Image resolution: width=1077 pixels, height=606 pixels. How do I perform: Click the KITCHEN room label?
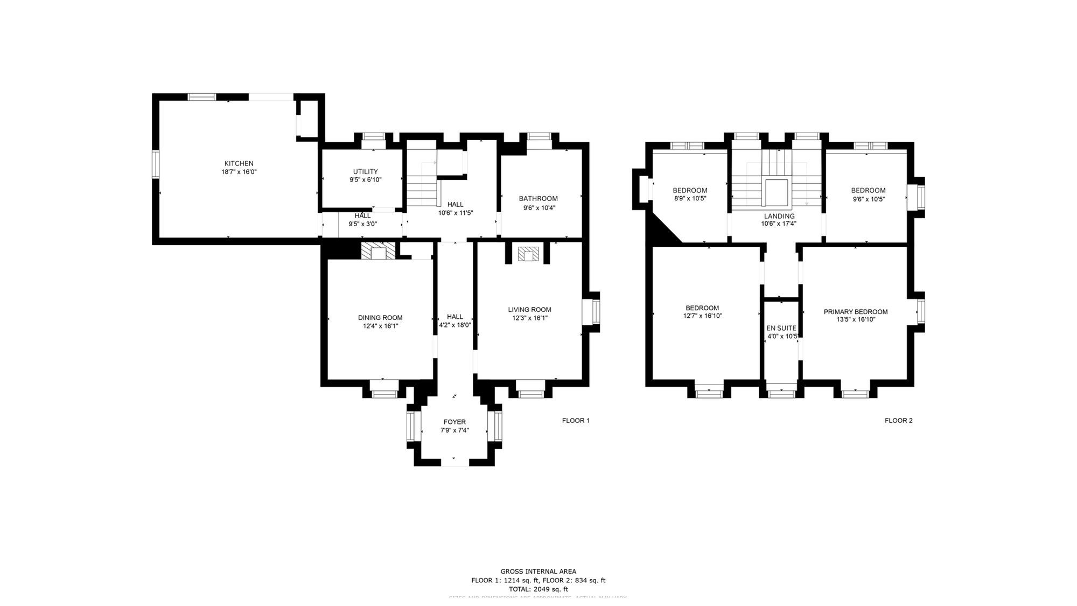coord(239,163)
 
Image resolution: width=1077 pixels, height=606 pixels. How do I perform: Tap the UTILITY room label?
coord(365,171)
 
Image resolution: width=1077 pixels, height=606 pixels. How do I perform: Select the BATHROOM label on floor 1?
coord(538,199)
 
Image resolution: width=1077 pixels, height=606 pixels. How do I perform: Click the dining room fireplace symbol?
coord(378,252)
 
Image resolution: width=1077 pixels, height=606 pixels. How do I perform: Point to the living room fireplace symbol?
coord(527,254)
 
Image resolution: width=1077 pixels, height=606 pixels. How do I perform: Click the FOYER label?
coord(454,422)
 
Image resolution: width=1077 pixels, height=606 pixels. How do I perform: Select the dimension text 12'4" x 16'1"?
coord(380,326)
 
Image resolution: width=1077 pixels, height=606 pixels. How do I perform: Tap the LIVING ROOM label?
coord(529,310)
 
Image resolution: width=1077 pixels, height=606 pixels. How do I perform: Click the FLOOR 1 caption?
coord(576,421)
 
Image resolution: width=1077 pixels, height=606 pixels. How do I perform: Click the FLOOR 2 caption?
coord(898,421)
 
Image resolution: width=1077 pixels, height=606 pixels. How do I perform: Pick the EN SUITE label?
coord(781,328)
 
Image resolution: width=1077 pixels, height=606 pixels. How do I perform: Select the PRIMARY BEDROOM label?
coord(855,312)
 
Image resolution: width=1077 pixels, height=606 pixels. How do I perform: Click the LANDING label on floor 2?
coord(779,216)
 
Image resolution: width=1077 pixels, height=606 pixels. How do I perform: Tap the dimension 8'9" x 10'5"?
coord(690,198)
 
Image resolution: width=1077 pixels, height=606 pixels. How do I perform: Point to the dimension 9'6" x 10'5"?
coord(868,199)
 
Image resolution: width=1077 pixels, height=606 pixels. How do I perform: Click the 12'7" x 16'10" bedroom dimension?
coord(702,316)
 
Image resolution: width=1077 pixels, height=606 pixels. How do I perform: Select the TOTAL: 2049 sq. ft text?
coord(538,589)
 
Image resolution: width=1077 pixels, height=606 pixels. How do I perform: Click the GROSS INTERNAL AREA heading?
coord(538,572)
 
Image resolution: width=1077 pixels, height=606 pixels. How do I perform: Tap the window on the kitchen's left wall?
coord(156,164)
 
